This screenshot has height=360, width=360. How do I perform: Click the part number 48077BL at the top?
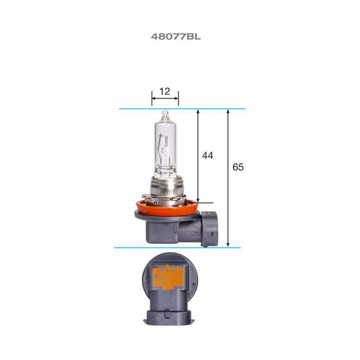point(175,37)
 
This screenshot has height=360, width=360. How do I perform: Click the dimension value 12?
point(165,92)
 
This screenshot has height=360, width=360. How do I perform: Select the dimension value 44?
point(207,156)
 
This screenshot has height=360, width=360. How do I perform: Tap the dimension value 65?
point(237,167)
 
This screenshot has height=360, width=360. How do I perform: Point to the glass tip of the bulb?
point(164,115)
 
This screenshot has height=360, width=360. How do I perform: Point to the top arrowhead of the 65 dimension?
point(228,112)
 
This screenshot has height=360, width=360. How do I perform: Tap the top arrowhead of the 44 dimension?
point(198,112)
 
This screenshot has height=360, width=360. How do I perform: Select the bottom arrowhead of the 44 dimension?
point(198,201)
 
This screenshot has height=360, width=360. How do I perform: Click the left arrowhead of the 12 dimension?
point(154,100)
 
